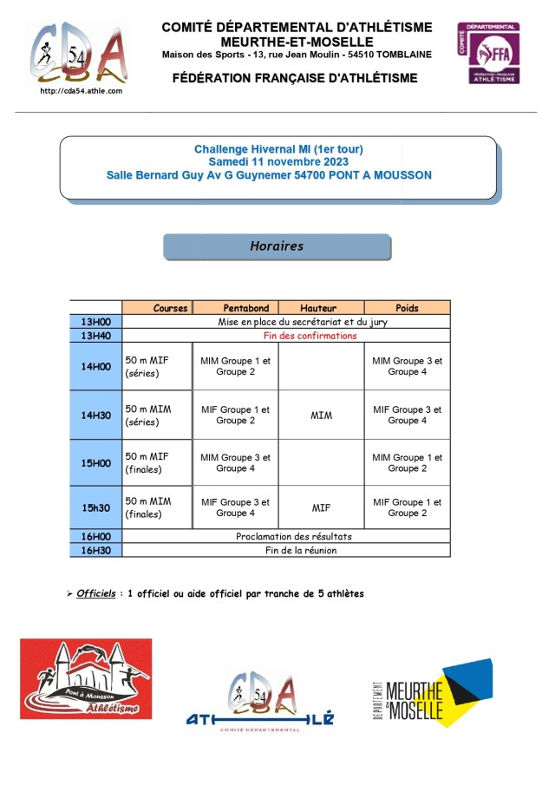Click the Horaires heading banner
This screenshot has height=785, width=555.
[277, 246]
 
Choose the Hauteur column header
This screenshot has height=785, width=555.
[320, 308]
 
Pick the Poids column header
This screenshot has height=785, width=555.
[407, 308]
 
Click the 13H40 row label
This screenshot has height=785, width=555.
[96, 336]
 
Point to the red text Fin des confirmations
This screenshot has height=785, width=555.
[310, 336]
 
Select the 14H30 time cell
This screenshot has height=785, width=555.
[96, 415]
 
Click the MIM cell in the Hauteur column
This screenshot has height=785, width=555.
[321, 415]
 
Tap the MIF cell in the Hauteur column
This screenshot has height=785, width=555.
[321, 507]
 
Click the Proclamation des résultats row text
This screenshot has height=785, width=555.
[294, 536]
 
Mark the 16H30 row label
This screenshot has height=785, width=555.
[96, 550]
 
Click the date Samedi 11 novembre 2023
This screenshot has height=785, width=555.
[278, 161]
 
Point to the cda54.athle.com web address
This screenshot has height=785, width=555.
[82, 90]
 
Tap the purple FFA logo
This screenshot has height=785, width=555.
[488, 53]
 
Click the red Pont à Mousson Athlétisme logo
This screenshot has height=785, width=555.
[86, 679]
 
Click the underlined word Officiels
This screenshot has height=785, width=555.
[95, 594]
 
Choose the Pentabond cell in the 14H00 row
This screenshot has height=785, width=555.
[235, 366]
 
